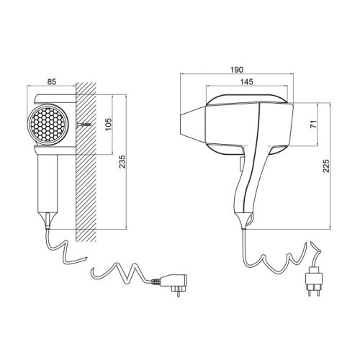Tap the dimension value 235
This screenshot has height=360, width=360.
click(x=128, y=163)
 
